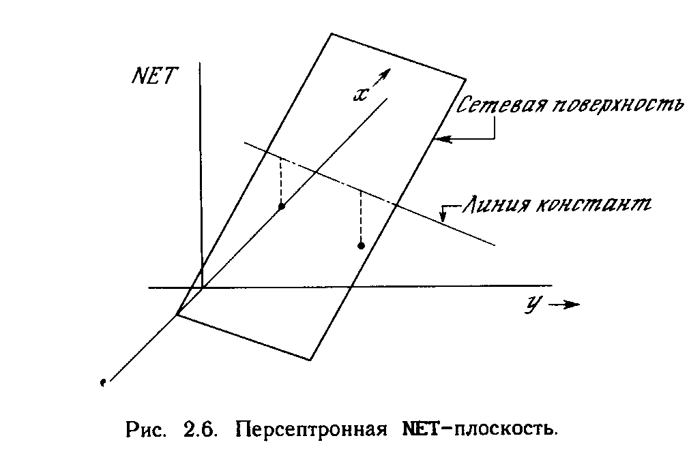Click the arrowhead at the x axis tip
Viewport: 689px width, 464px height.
385,72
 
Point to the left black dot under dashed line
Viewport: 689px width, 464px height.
281,206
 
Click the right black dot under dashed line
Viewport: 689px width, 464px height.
362,245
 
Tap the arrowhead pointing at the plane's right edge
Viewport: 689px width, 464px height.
440,140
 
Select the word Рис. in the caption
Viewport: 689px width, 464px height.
145,430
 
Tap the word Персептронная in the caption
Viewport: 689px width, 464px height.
309,430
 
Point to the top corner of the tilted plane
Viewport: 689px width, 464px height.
332,33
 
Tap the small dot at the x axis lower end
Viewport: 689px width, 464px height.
102,384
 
